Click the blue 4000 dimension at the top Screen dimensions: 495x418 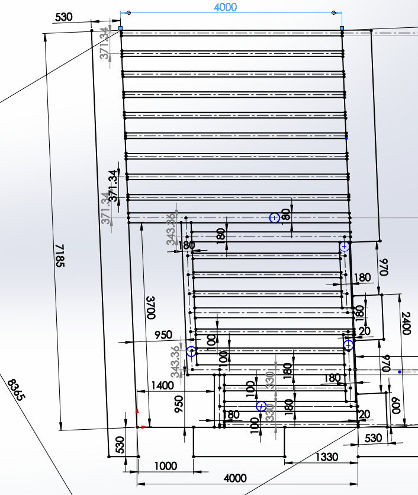point(225,7)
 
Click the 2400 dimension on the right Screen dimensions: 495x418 point(406,323)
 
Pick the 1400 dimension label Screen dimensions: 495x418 point(162,385)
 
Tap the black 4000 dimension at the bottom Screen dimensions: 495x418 point(235,478)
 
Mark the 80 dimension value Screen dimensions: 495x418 point(287,214)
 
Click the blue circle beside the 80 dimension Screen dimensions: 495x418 point(274,218)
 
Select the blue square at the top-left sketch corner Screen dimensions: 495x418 point(121,28)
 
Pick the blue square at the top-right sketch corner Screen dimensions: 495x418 point(342,28)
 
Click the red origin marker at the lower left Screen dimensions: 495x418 point(137,426)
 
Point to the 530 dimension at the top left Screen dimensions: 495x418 point(63,17)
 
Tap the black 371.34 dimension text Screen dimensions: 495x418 point(112,184)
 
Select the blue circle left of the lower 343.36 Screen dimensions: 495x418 point(191,352)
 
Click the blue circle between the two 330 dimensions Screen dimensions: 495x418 point(261,406)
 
